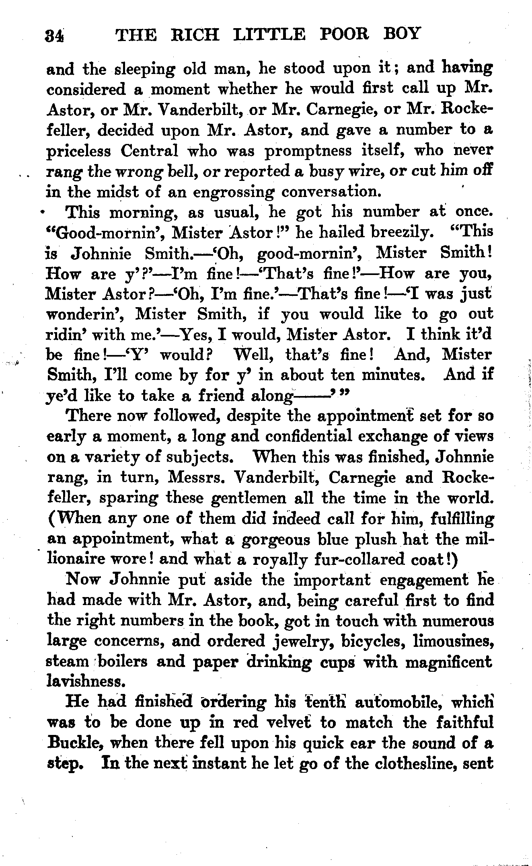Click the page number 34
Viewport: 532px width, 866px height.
[x=55, y=35]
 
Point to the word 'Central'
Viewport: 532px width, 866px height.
[x=150, y=151]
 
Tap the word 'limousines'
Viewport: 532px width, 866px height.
[x=453, y=641]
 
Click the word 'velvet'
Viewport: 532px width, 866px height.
[x=288, y=722]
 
